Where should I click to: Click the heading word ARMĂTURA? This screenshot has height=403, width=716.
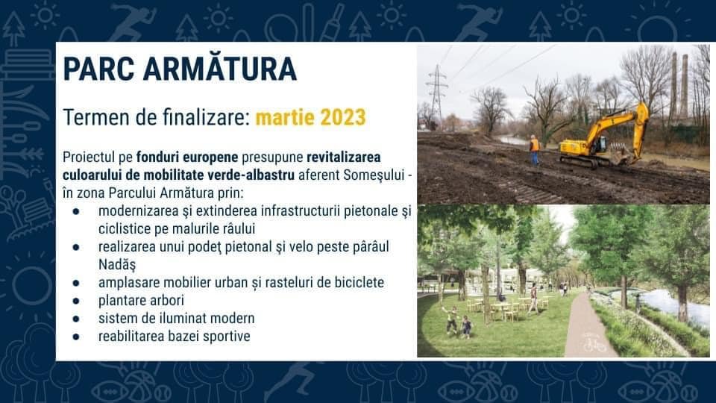[x=219, y=69]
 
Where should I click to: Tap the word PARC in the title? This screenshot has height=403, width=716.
[x=98, y=69]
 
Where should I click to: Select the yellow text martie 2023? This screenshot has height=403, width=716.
[x=310, y=117]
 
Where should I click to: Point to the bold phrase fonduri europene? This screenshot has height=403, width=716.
[x=187, y=157]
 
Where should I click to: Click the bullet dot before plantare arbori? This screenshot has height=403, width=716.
[x=76, y=301]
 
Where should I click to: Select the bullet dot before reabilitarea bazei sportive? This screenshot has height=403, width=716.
[x=76, y=337]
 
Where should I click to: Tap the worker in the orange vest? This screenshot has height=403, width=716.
[x=534, y=149]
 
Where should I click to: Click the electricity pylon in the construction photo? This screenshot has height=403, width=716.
[x=436, y=96]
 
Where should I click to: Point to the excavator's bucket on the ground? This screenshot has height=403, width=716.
[x=622, y=157]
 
